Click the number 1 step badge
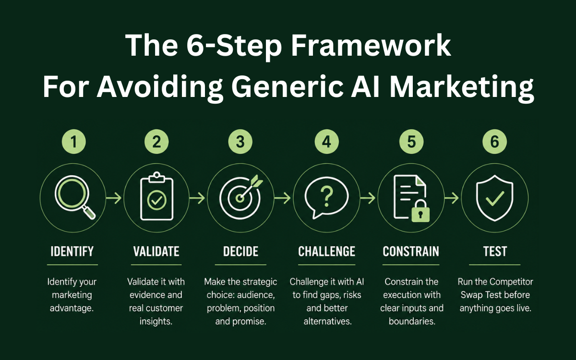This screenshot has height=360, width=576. pos(74,142)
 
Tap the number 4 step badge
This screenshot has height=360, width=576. pos(326,142)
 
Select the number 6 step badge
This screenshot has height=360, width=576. pos(494,142)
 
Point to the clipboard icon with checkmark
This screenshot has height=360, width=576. pos(156,196)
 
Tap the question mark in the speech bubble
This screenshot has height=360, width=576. pos(326,197)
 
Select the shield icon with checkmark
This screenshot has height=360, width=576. pos(494,198)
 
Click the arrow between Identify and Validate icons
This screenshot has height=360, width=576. pos(114,198)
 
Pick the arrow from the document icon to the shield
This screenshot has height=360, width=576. pos(451,198)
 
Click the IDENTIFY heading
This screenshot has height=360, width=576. pos(72,251)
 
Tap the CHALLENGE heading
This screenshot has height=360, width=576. pos(326,251)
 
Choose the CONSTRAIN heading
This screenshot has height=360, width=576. pos(411,251)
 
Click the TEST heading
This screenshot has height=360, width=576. pos(495,251)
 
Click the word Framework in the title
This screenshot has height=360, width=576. pos(371,45)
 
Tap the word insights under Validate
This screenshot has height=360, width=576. pos(156,321)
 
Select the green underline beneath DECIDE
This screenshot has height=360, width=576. pos(240,264)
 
